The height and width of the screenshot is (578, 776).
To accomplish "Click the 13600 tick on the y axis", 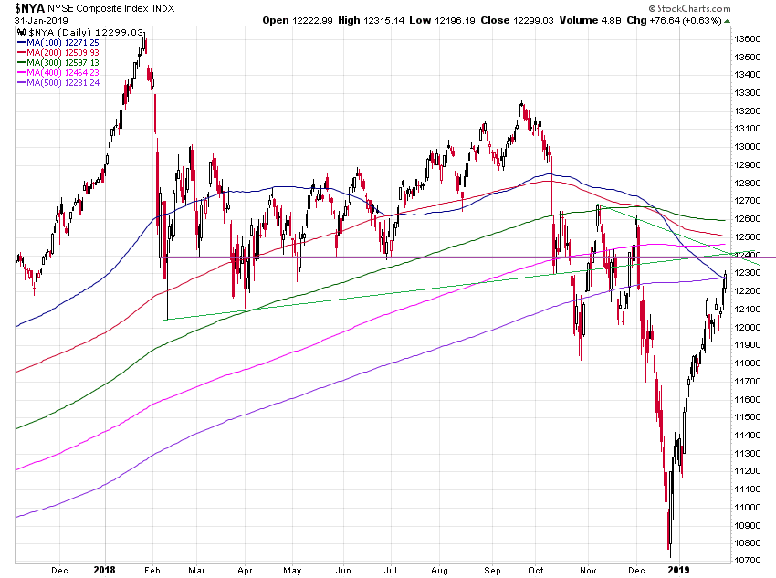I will [x=749, y=39].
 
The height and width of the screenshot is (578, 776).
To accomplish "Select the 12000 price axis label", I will [x=749, y=327].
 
